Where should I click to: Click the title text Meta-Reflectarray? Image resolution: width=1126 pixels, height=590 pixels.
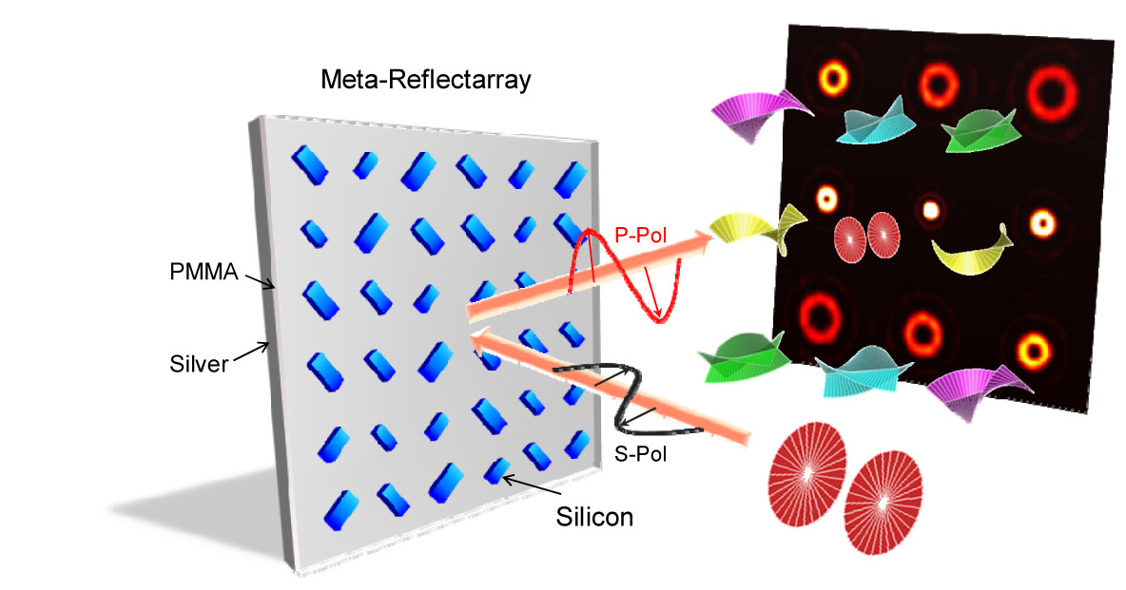(x=425, y=80)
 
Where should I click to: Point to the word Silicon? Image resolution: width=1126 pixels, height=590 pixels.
(x=594, y=518)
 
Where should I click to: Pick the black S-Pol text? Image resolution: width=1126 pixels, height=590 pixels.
(x=641, y=454)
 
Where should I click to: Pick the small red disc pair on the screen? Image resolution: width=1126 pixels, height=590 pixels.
(x=866, y=235)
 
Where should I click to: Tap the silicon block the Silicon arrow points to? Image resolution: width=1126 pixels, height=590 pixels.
(x=496, y=470)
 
